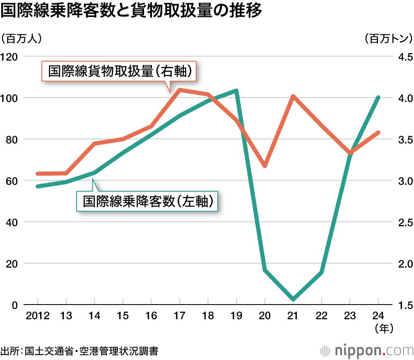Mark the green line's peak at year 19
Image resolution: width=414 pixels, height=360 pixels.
click(x=236, y=91)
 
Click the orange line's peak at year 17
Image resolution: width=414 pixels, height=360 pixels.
click(x=180, y=89)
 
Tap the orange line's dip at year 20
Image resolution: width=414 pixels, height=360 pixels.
click(x=265, y=166)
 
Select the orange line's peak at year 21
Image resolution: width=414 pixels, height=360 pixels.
click(x=293, y=97)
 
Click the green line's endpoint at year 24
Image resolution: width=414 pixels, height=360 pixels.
click(x=378, y=98)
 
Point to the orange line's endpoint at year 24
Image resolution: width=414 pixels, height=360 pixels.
click(x=378, y=132)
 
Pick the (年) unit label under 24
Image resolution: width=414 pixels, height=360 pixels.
click(x=383, y=328)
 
